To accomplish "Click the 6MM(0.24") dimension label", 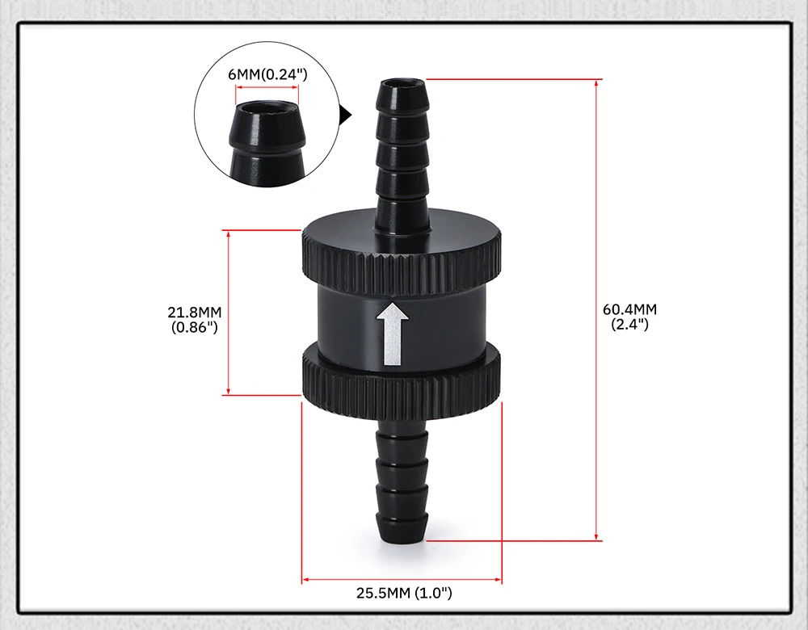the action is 267,74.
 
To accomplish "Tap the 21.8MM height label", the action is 194,312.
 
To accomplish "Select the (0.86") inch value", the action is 195,327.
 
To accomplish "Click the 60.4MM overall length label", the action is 629,309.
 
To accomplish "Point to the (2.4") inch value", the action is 629,325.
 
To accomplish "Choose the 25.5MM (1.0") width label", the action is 404,593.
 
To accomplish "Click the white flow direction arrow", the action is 393,334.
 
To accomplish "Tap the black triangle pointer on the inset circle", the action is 346,115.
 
